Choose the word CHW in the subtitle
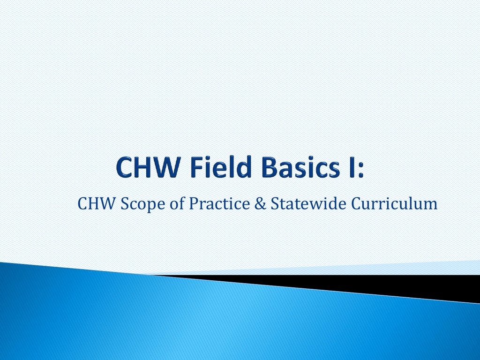point(96,203)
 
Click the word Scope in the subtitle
point(143,204)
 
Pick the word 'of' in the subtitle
point(177,203)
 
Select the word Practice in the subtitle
point(219,203)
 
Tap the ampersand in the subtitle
point(260,203)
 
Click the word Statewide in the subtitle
point(308,203)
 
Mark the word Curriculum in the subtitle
point(394,203)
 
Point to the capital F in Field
point(197,167)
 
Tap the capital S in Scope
point(125,204)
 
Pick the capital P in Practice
point(194,203)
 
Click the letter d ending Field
point(243,167)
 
